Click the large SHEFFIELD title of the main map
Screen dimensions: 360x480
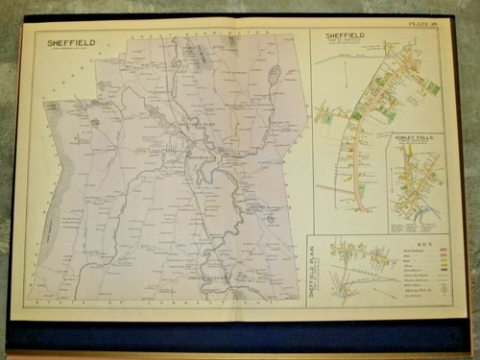[67, 42]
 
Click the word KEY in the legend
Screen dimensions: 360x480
[416, 246]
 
